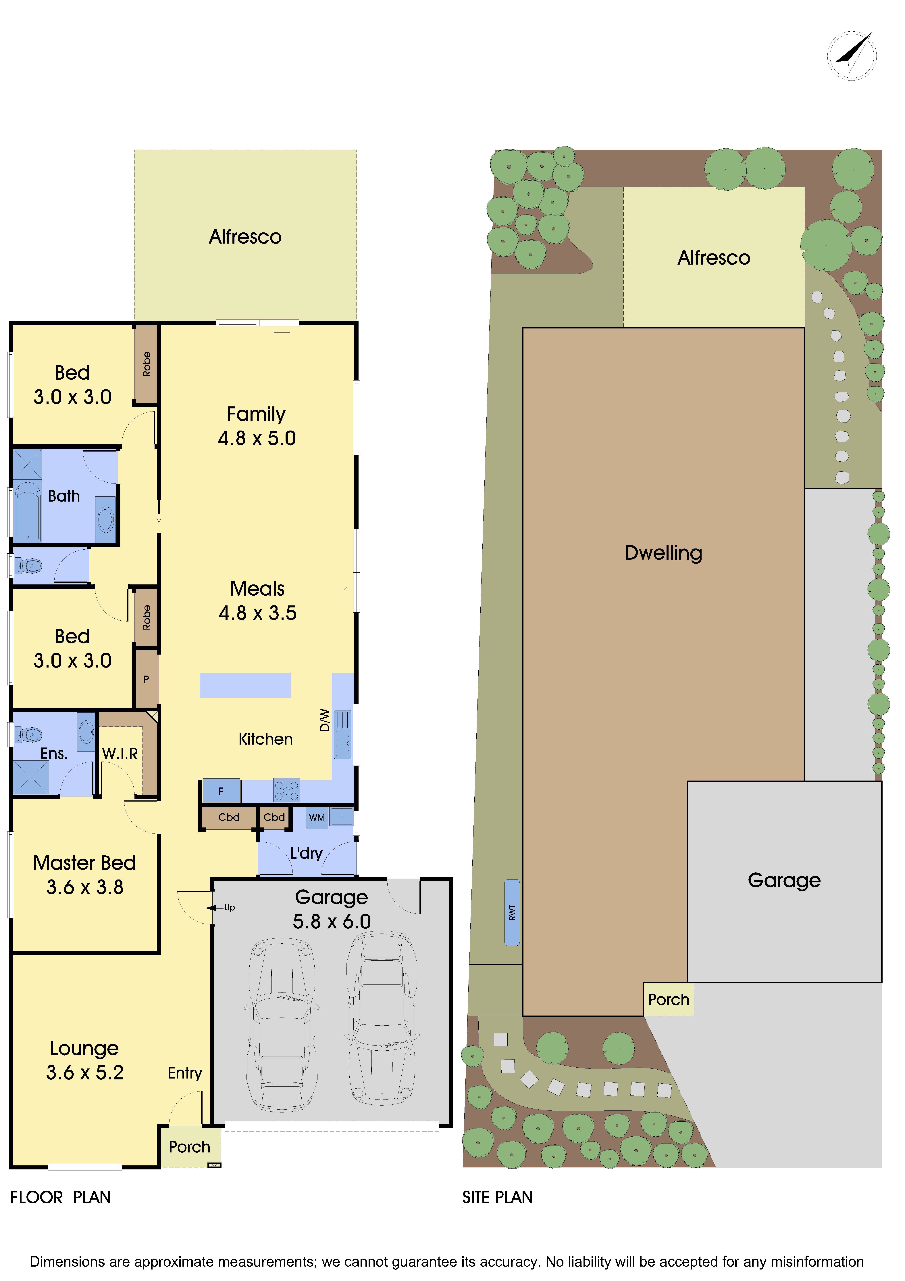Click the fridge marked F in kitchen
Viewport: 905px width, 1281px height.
coord(221,791)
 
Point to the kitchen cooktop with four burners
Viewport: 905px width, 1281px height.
coord(286,790)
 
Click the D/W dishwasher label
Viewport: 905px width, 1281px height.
coord(325,720)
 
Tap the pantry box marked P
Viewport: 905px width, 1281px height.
coord(147,679)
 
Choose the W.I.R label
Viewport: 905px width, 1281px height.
coord(120,754)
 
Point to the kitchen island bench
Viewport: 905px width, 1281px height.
coord(245,685)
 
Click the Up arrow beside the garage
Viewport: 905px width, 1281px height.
coord(215,908)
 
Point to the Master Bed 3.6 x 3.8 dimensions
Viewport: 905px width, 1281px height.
coord(85,887)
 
